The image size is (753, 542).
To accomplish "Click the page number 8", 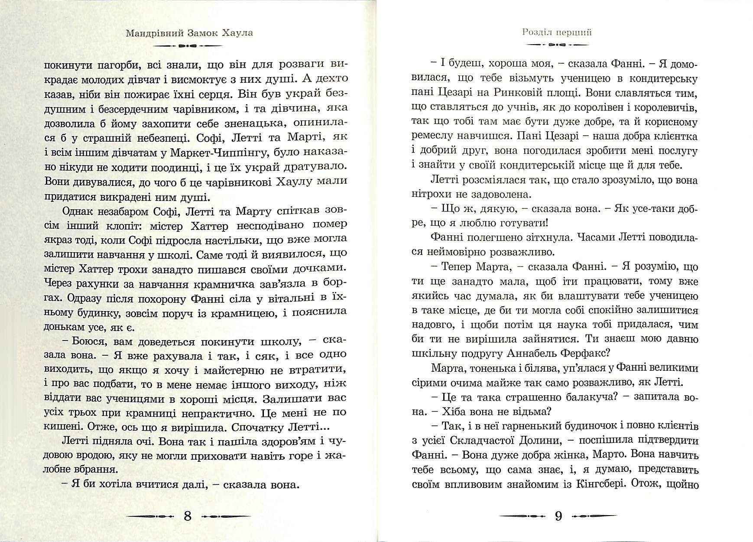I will [x=188, y=516].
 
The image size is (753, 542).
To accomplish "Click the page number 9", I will [x=558, y=516].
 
